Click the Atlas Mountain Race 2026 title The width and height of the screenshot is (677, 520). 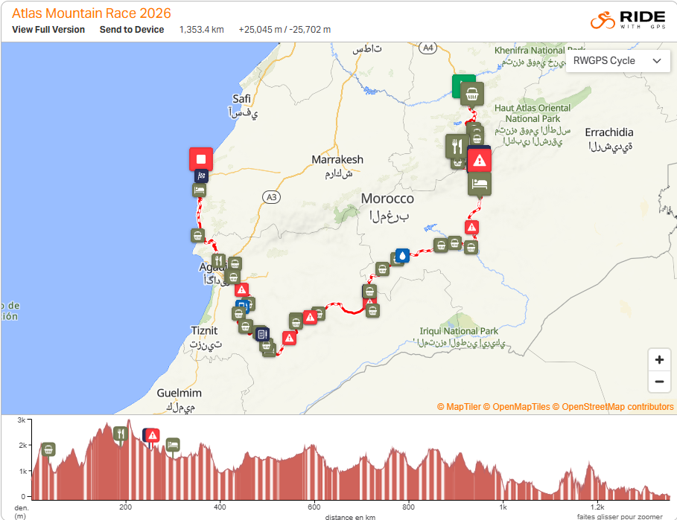tap(91, 13)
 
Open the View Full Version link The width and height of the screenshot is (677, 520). tap(48, 30)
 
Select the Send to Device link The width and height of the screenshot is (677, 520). tap(132, 30)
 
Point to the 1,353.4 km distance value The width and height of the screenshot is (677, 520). tap(201, 30)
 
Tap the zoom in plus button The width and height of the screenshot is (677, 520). tap(659, 360)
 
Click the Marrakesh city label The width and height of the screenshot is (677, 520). tap(337, 160)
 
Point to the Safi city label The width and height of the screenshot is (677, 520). tap(241, 99)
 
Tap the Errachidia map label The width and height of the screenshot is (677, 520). tap(609, 132)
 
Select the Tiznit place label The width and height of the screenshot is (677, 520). tap(204, 330)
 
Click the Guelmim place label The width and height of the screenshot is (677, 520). tap(179, 393)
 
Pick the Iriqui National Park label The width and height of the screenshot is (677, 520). tap(459, 331)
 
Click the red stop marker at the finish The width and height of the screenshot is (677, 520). tap(200, 158)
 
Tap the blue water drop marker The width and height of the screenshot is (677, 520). tap(402, 255)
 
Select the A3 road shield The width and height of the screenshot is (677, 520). tap(271, 197)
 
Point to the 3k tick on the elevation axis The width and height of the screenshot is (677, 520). tap(22, 420)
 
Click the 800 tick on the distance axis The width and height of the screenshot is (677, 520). tap(408, 507)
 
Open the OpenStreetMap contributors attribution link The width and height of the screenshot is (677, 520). tap(617, 407)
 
